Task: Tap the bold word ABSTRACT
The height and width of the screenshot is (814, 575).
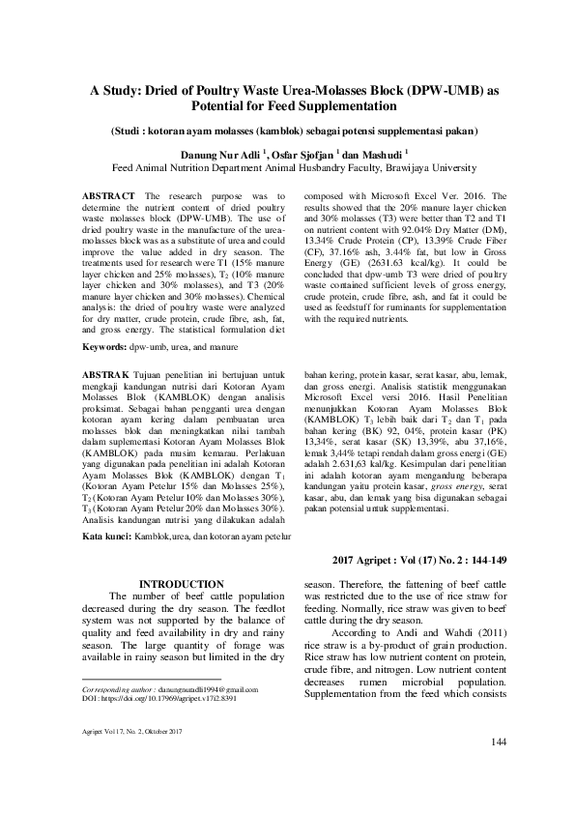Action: coord(109,196)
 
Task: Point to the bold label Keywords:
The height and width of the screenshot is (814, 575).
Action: coord(108,346)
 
